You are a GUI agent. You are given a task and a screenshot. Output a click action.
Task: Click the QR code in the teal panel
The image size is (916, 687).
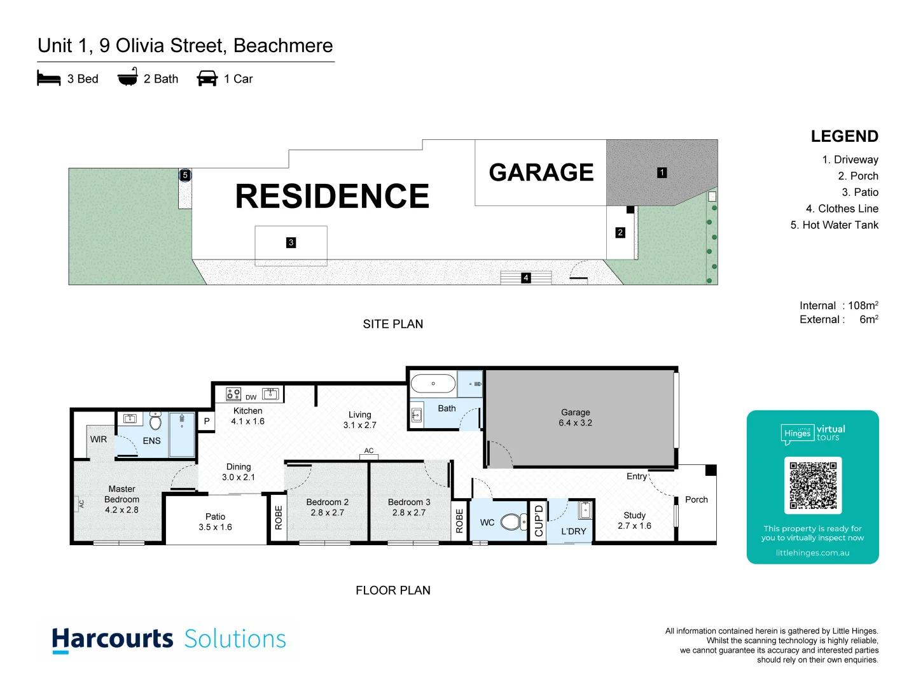point(812,485)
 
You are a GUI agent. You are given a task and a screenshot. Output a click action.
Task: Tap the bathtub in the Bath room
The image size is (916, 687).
point(433,384)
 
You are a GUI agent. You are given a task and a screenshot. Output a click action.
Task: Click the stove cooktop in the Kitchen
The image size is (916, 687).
point(233,394)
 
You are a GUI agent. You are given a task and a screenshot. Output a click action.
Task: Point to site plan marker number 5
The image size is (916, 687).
point(185,175)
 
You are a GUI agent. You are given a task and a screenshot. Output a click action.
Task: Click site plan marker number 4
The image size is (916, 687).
point(526,278)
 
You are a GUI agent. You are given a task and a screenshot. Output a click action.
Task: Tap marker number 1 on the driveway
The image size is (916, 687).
point(662,172)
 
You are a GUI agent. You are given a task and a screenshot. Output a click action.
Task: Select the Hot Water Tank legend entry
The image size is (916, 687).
point(834,225)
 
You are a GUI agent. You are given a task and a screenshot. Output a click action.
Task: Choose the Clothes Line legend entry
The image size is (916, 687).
point(842,209)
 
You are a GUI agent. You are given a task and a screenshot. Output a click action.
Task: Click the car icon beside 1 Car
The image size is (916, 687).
point(207,79)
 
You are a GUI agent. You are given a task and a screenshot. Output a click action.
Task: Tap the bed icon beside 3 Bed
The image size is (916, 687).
point(49,79)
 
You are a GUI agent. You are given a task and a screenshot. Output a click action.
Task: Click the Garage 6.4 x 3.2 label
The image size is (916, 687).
point(575,417)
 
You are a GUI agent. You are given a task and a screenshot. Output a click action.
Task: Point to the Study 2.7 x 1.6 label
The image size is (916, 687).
point(634,520)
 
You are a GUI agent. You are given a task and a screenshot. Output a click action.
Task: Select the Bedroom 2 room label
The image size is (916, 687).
point(327,507)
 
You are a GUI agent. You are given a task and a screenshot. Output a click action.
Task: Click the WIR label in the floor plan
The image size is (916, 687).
point(99,440)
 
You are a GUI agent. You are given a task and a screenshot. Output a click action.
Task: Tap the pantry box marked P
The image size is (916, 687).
point(207,421)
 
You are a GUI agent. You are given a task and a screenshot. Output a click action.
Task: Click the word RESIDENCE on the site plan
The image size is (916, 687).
point(332,196)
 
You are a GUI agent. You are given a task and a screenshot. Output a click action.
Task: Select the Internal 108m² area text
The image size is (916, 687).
point(838,305)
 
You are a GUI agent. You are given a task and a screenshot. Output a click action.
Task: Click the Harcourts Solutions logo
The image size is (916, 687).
point(169,639)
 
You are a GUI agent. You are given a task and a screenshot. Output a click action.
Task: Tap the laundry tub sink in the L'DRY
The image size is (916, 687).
point(585,510)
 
